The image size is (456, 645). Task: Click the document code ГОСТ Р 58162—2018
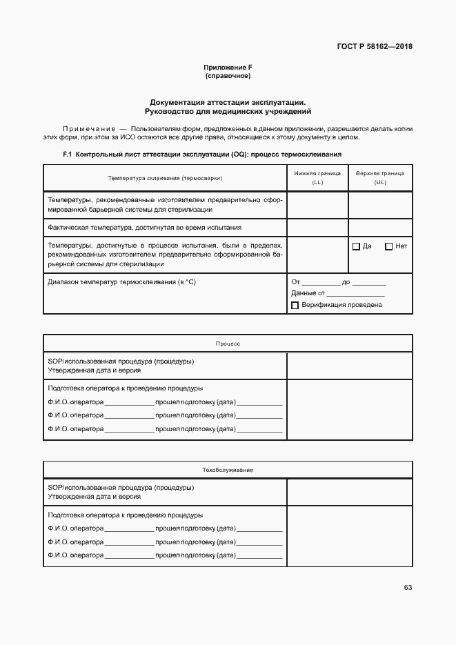coord(374,47)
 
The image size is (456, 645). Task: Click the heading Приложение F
coord(228,67)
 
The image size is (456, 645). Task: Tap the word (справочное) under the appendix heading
coord(228,76)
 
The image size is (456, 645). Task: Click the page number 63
coord(408,588)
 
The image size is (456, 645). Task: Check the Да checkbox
coord(356,246)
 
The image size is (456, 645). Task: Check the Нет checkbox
coord(388,246)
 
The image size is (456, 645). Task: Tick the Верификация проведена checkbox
coord(295,305)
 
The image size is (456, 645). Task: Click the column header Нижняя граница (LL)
coord(317,178)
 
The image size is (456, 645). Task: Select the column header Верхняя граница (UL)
coord(380,178)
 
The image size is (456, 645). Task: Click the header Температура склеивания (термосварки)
coord(165,178)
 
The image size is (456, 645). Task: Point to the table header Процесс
coord(228,344)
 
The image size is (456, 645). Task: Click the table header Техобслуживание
coord(228,470)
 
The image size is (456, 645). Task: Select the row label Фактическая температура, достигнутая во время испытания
coord(145,227)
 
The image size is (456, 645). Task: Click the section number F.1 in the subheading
coord(68,155)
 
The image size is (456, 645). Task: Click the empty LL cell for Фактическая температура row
coord(317,227)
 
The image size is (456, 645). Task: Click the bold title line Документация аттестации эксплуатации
coord(228,101)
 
